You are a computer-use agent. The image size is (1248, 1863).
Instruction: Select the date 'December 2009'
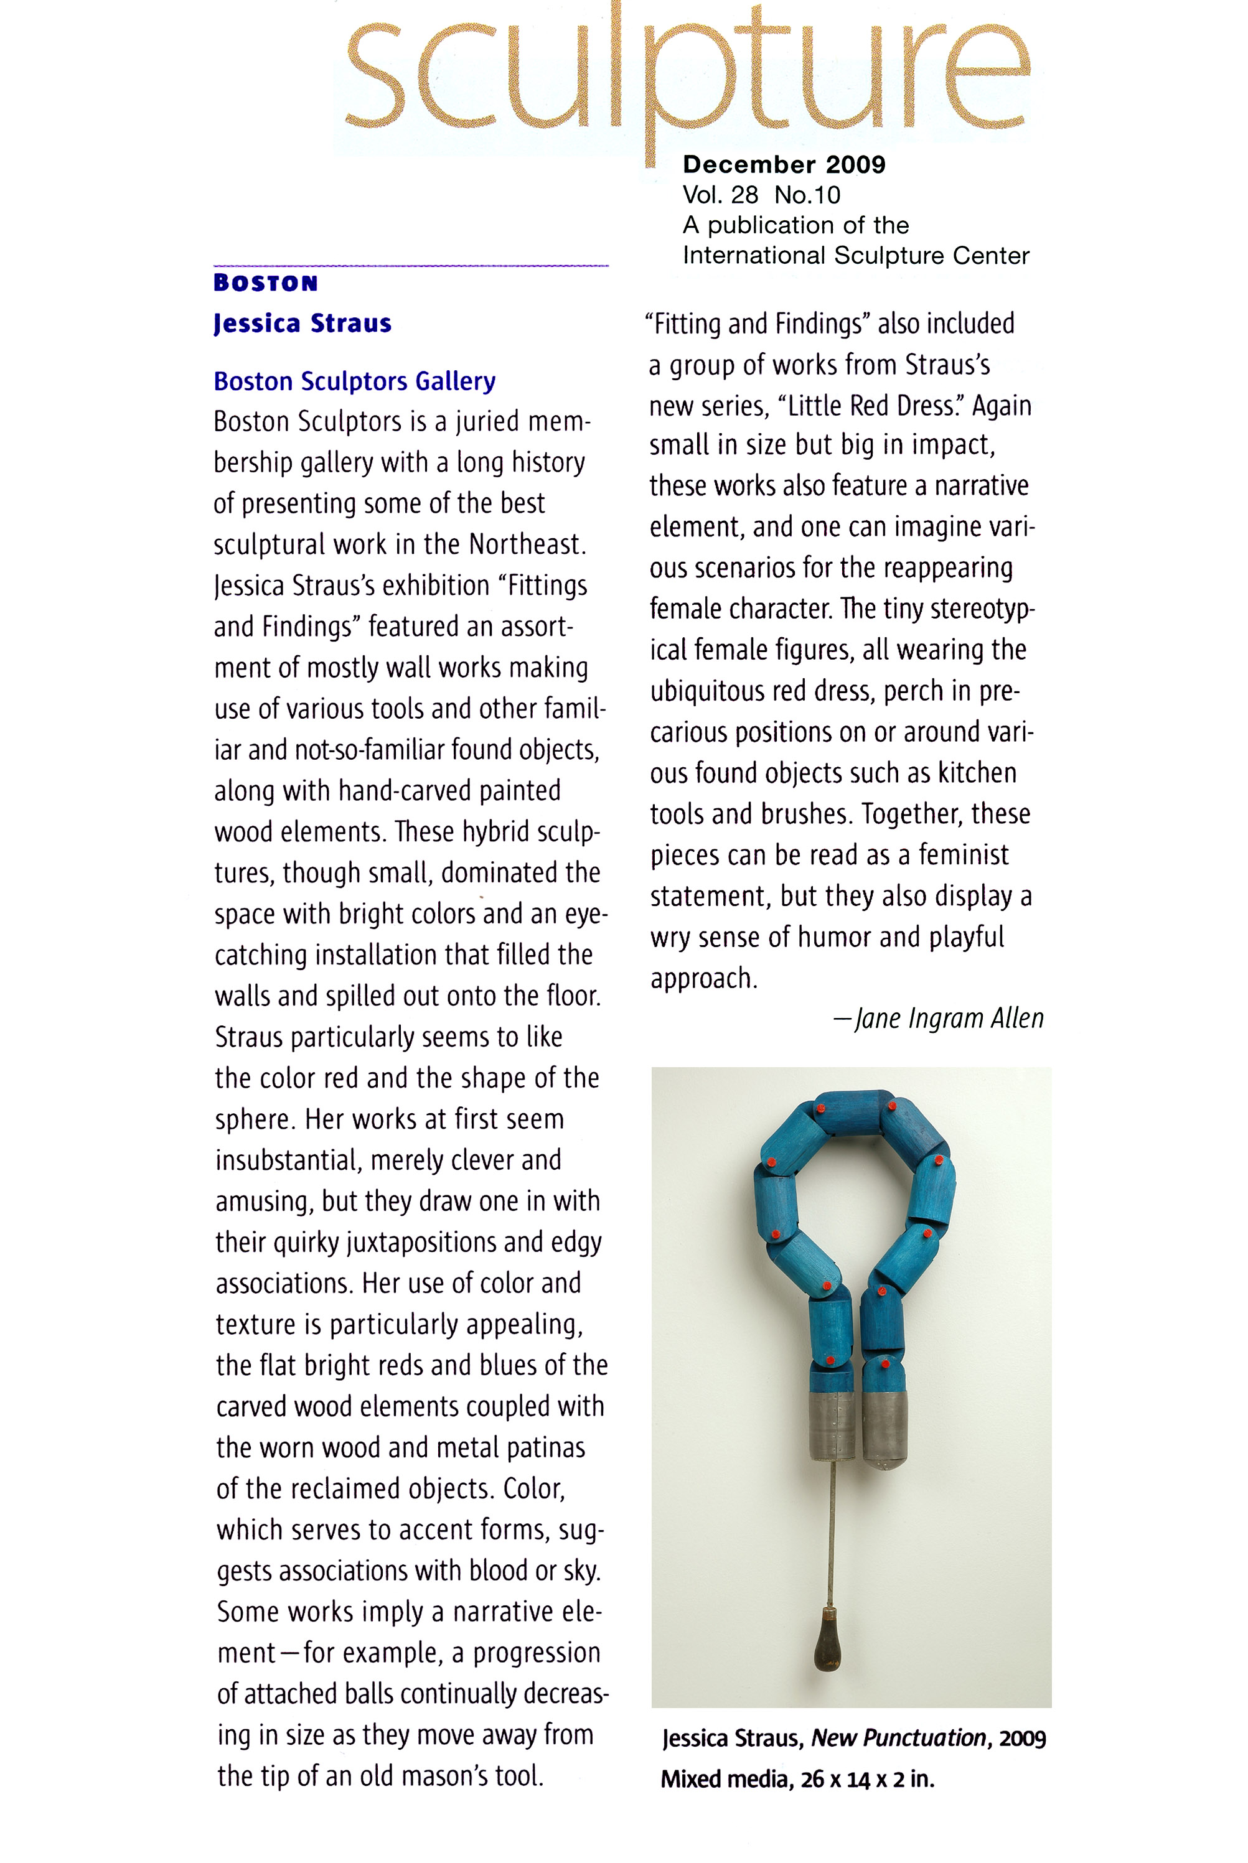tap(784, 165)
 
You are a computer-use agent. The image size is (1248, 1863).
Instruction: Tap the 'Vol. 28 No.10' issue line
tap(761, 195)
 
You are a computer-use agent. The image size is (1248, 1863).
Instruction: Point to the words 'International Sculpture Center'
tap(856, 256)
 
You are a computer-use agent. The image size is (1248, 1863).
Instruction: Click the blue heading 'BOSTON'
tap(266, 283)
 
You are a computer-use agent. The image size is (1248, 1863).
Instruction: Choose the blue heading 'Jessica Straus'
tap(303, 324)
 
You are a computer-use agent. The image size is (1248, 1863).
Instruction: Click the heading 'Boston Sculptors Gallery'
tap(354, 382)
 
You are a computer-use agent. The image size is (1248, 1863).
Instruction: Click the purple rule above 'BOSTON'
tap(411, 266)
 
